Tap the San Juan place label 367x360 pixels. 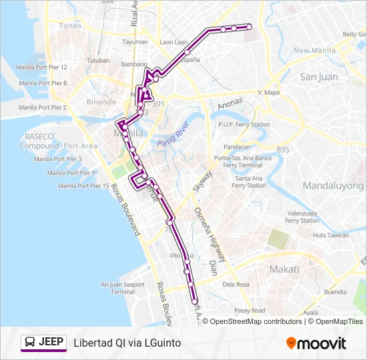pos(319,77)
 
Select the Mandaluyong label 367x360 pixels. pos(333,186)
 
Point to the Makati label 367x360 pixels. pos(284,269)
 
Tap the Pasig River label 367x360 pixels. pos(173,135)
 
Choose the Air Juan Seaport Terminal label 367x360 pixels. pos(123,287)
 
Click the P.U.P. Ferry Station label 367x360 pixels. pos(244,125)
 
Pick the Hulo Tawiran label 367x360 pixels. pos(331,235)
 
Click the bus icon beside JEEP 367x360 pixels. pos(30,343)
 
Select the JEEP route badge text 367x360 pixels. pos(51,343)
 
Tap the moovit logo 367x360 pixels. pos(316,343)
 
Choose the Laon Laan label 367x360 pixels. pos(173,42)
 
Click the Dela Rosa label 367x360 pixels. pos(236,285)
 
